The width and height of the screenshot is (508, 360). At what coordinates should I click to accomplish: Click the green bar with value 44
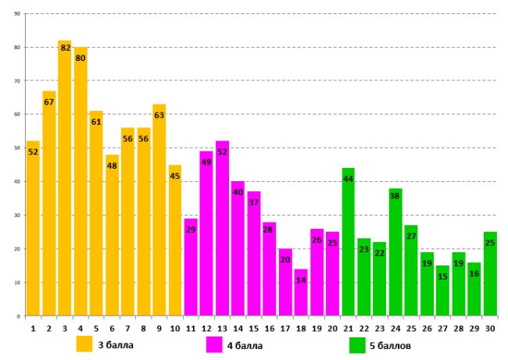point(349,242)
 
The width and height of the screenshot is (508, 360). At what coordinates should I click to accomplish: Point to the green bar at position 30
point(490,273)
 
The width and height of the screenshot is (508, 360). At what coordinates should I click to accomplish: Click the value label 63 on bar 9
point(159,116)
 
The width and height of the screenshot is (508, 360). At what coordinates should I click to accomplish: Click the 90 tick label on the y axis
point(17,14)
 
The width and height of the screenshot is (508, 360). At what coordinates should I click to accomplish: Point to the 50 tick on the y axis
point(17,148)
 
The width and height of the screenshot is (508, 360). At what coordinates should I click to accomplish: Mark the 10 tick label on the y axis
point(17,283)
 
